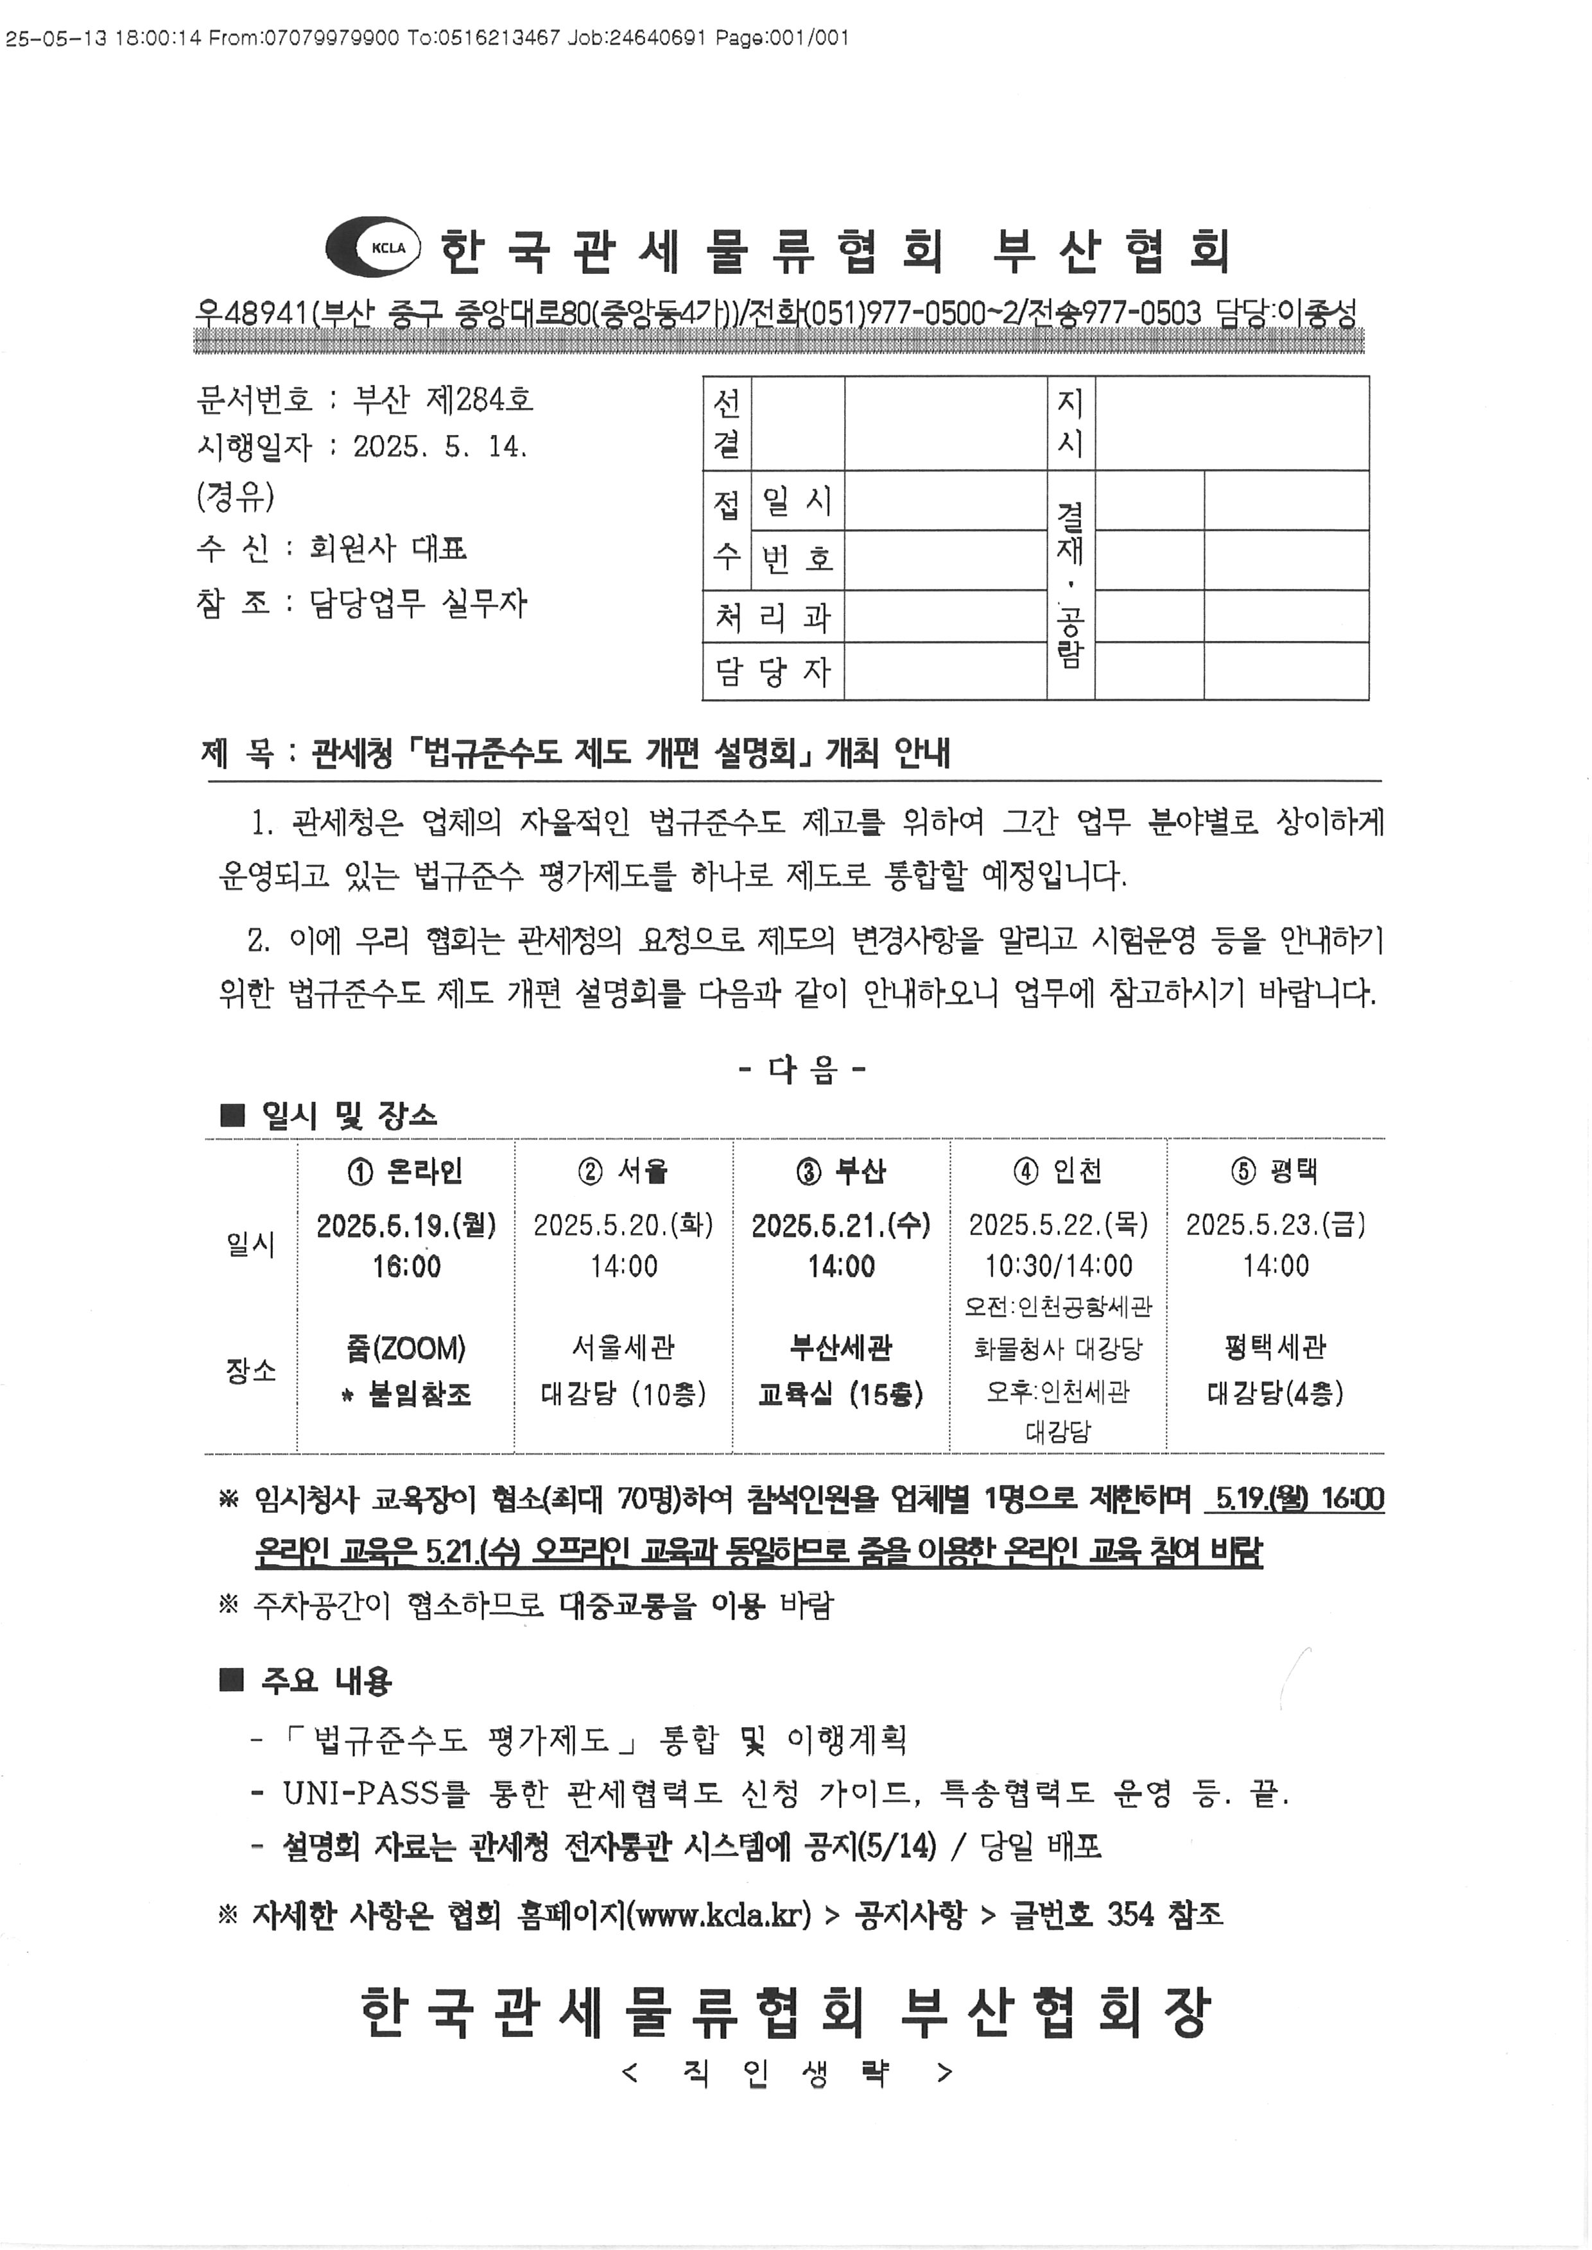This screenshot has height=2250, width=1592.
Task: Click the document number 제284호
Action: [x=480, y=399]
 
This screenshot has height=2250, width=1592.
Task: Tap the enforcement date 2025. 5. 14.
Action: [x=440, y=447]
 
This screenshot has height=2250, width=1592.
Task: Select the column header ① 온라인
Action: [x=405, y=1171]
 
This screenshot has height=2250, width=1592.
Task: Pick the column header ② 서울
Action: [x=623, y=1171]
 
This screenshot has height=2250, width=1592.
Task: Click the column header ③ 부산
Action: [x=840, y=1171]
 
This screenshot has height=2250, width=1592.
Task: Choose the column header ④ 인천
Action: [x=1058, y=1171]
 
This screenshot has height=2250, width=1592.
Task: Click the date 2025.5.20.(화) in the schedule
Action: [x=623, y=1225]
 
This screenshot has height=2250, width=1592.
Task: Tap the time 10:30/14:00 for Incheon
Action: [x=1059, y=1266]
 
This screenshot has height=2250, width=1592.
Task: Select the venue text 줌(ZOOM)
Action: [x=406, y=1349]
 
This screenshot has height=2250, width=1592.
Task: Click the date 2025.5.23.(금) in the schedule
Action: [x=1276, y=1225]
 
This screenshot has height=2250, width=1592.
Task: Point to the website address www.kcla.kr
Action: [x=720, y=1915]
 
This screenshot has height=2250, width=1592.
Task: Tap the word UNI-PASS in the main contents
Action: [x=359, y=1793]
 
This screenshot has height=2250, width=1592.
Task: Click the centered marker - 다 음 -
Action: [x=802, y=1068]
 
